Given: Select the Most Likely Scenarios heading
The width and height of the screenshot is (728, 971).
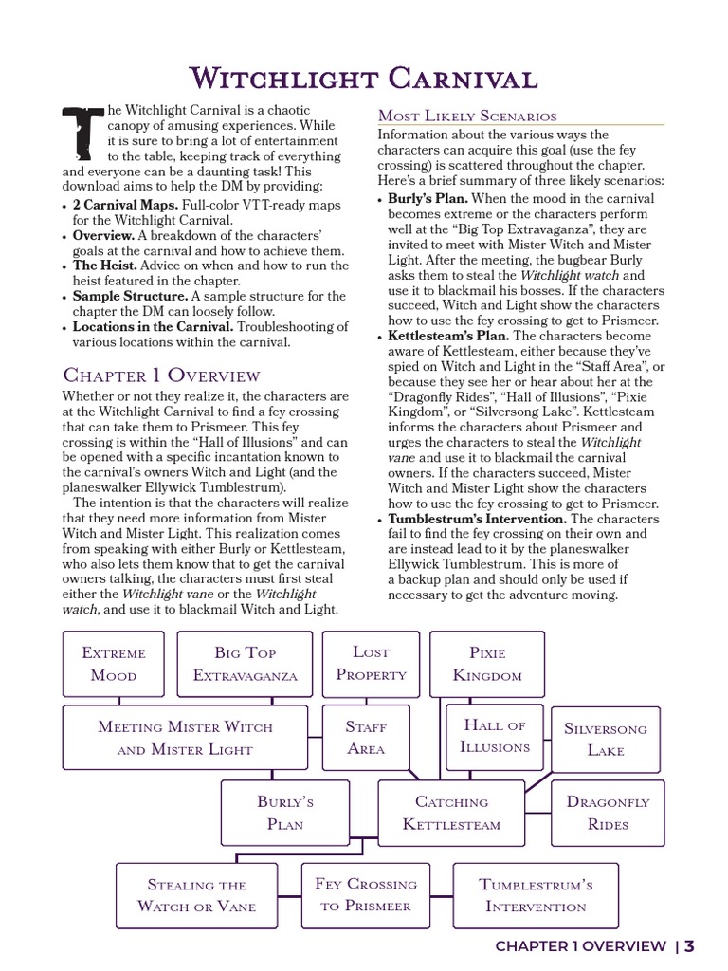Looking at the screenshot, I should click(467, 116).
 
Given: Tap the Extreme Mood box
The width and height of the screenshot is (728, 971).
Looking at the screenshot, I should click(114, 664).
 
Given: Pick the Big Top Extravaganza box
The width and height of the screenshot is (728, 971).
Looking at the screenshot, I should click(246, 664).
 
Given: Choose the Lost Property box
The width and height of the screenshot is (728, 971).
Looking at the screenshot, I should click(371, 663).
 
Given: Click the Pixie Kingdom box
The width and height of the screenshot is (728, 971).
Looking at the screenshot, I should click(487, 664).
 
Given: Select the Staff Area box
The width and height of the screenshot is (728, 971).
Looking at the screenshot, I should click(366, 737).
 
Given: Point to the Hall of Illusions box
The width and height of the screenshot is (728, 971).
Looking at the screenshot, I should click(495, 736).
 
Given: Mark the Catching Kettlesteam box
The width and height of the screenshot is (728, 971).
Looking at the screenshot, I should click(451, 813).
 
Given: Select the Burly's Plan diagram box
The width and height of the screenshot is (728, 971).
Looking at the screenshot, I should click(285, 813).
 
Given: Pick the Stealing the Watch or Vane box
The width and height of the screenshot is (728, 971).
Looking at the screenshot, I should click(196, 894).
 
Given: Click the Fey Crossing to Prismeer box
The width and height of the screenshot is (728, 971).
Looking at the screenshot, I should click(366, 894).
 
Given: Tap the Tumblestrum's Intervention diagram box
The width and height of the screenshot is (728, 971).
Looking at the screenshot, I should click(536, 894).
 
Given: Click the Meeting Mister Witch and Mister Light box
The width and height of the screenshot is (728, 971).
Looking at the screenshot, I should click(185, 738).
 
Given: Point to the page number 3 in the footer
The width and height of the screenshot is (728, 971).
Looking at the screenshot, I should click(690, 945).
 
